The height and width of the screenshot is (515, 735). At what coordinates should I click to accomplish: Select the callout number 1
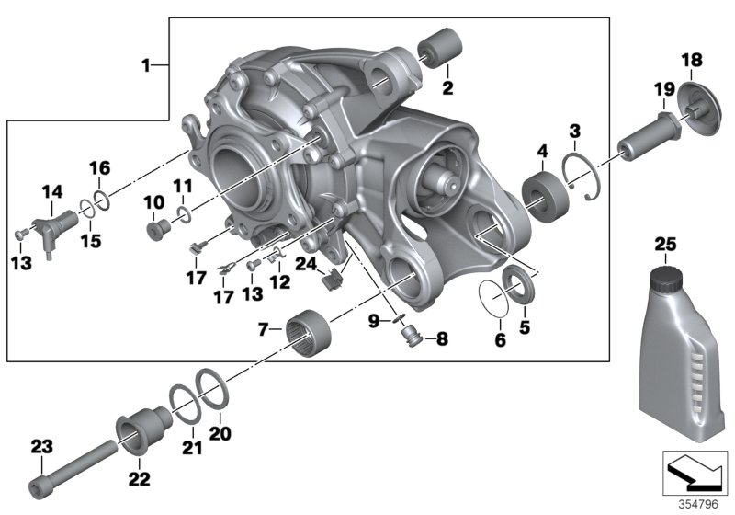[143, 66]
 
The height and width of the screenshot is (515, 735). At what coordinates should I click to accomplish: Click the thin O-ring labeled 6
[497, 303]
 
